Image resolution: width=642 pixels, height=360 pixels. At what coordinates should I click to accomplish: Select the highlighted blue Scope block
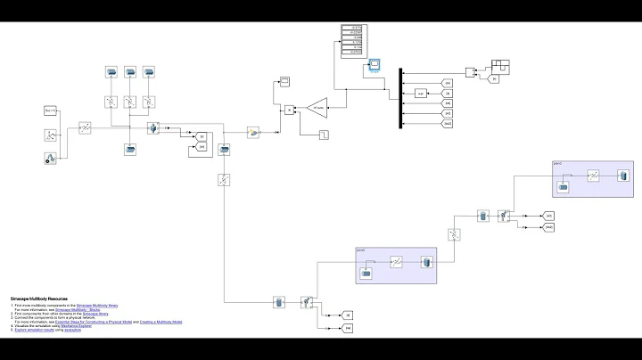click(x=375, y=65)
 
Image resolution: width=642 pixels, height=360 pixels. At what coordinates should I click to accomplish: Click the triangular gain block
click(x=317, y=109)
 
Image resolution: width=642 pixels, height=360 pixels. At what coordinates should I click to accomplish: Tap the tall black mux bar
click(x=400, y=99)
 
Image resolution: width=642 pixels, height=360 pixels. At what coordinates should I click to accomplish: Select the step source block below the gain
click(x=325, y=134)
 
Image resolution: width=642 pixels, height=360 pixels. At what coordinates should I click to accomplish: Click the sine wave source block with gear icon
click(x=50, y=158)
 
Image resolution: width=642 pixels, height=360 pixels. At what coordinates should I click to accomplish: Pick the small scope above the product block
click(x=284, y=82)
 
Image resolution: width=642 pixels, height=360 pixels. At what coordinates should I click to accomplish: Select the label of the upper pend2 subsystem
click(x=557, y=163)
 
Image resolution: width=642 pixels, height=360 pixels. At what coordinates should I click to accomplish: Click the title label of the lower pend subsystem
click(x=361, y=250)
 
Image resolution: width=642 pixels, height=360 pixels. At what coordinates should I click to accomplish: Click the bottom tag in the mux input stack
click(x=448, y=123)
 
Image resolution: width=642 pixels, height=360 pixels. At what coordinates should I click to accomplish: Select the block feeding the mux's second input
click(x=423, y=93)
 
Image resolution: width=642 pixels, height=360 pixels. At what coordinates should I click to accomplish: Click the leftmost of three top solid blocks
click(x=111, y=70)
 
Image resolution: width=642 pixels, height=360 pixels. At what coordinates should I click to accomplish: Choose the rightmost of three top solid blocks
click(x=149, y=70)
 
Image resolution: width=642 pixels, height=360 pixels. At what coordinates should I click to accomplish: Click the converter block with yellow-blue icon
click(x=253, y=131)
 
